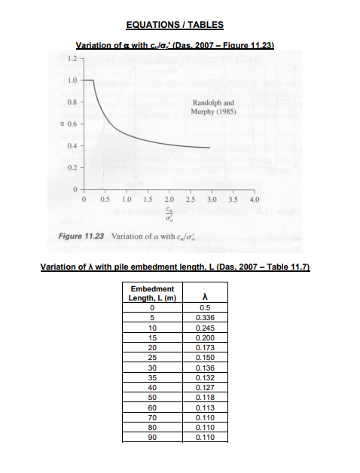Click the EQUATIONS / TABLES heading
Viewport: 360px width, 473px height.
pos(180,25)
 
